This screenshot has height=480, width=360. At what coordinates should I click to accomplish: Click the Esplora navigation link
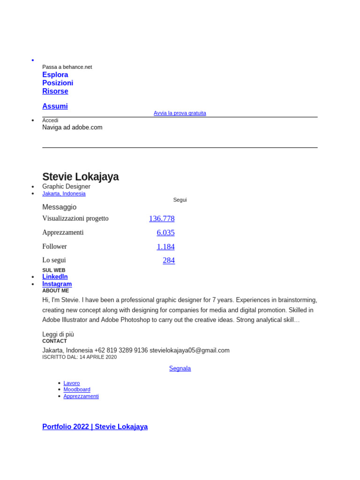pyautogui.click(x=55, y=75)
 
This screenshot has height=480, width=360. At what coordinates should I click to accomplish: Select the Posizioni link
pyautogui.click(x=58, y=83)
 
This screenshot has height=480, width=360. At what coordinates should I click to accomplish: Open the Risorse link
pyautogui.click(x=55, y=91)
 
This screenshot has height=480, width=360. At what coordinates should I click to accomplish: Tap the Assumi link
pyautogui.click(x=55, y=106)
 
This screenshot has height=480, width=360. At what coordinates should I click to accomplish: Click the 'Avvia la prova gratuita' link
pyautogui.click(x=180, y=113)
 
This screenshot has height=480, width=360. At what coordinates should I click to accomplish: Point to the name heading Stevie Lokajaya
pyautogui.click(x=80, y=177)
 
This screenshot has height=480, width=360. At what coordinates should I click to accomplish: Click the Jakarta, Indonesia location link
pyautogui.click(x=64, y=194)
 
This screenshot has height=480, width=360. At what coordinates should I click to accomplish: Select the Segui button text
pyautogui.click(x=180, y=200)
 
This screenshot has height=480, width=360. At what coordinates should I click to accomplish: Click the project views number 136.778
pyautogui.click(x=162, y=218)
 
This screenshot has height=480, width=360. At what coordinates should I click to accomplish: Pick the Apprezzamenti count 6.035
pyautogui.click(x=165, y=232)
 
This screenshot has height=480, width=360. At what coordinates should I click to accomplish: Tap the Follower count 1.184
pyautogui.click(x=165, y=247)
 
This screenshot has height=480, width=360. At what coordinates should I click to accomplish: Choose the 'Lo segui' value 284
pyautogui.click(x=169, y=260)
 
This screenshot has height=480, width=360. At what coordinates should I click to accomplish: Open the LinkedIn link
pyautogui.click(x=55, y=277)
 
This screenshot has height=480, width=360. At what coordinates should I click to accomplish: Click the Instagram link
pyautogui.click(x=57, y=284)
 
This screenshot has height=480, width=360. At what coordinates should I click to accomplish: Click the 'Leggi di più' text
pyautogui.click(x=58, y=334)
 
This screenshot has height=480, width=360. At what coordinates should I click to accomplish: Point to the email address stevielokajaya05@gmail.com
pyautogui.click(x=189, y=350)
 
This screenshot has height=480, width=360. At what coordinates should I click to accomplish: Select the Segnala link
pyautogui.click(x=180, y=368)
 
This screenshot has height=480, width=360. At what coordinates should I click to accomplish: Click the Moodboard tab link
pyautogui.click(x=77, y=390)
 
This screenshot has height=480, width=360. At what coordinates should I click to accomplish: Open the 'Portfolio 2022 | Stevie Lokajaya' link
pyautogui.click(x=95, y=427)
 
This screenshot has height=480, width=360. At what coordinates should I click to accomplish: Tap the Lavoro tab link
pyautogui.click(x=72, y=383)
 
